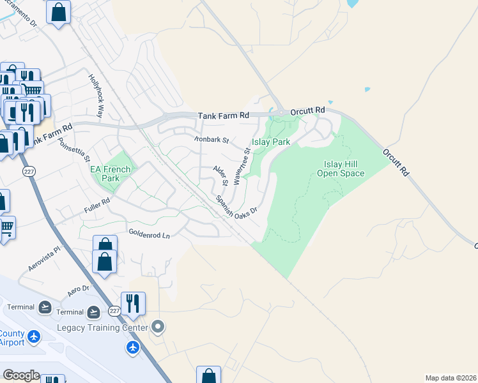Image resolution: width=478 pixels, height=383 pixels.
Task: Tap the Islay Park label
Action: tap(272, 142)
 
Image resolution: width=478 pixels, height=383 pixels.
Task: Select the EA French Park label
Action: tap(110, 174)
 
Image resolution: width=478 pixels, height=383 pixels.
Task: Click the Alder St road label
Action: tap(220, 175)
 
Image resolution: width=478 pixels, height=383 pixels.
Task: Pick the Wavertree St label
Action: tap(241, 166)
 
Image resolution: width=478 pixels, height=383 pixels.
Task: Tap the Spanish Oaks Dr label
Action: tap(235, 206)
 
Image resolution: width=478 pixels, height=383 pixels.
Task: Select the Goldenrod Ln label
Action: tap(149, 235)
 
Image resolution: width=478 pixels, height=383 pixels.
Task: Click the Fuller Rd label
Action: tap(97, 204)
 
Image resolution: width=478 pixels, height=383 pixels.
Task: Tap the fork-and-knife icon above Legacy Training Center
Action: tap(133, 303)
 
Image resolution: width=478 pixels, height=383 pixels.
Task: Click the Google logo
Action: tap(21, 375)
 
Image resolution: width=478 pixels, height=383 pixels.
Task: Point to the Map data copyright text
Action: tap(451, 378)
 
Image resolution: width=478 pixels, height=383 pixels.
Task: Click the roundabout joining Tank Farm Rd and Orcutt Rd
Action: tap(281, 112)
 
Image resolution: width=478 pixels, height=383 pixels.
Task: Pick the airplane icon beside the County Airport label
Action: tap(34, 336)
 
